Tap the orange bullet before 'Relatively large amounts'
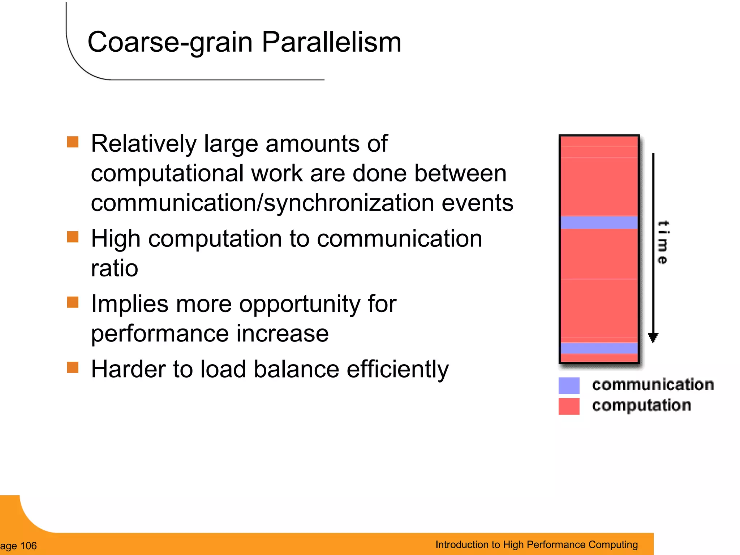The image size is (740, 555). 73,142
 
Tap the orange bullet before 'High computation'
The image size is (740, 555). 73,237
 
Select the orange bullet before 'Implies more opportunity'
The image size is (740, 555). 73,302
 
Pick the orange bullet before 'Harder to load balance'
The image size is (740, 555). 73,367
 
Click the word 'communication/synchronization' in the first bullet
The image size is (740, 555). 262,203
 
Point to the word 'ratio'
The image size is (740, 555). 115,268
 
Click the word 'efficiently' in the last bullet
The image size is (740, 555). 397,370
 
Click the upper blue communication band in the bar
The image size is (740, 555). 599,222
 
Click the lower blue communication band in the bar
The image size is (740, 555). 599,348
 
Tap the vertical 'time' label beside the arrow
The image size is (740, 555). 663,242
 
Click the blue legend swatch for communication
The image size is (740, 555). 569,386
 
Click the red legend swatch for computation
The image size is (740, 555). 569,406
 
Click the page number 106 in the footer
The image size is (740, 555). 28,546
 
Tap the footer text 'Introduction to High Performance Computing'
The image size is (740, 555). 537,545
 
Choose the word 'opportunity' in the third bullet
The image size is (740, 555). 300,304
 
